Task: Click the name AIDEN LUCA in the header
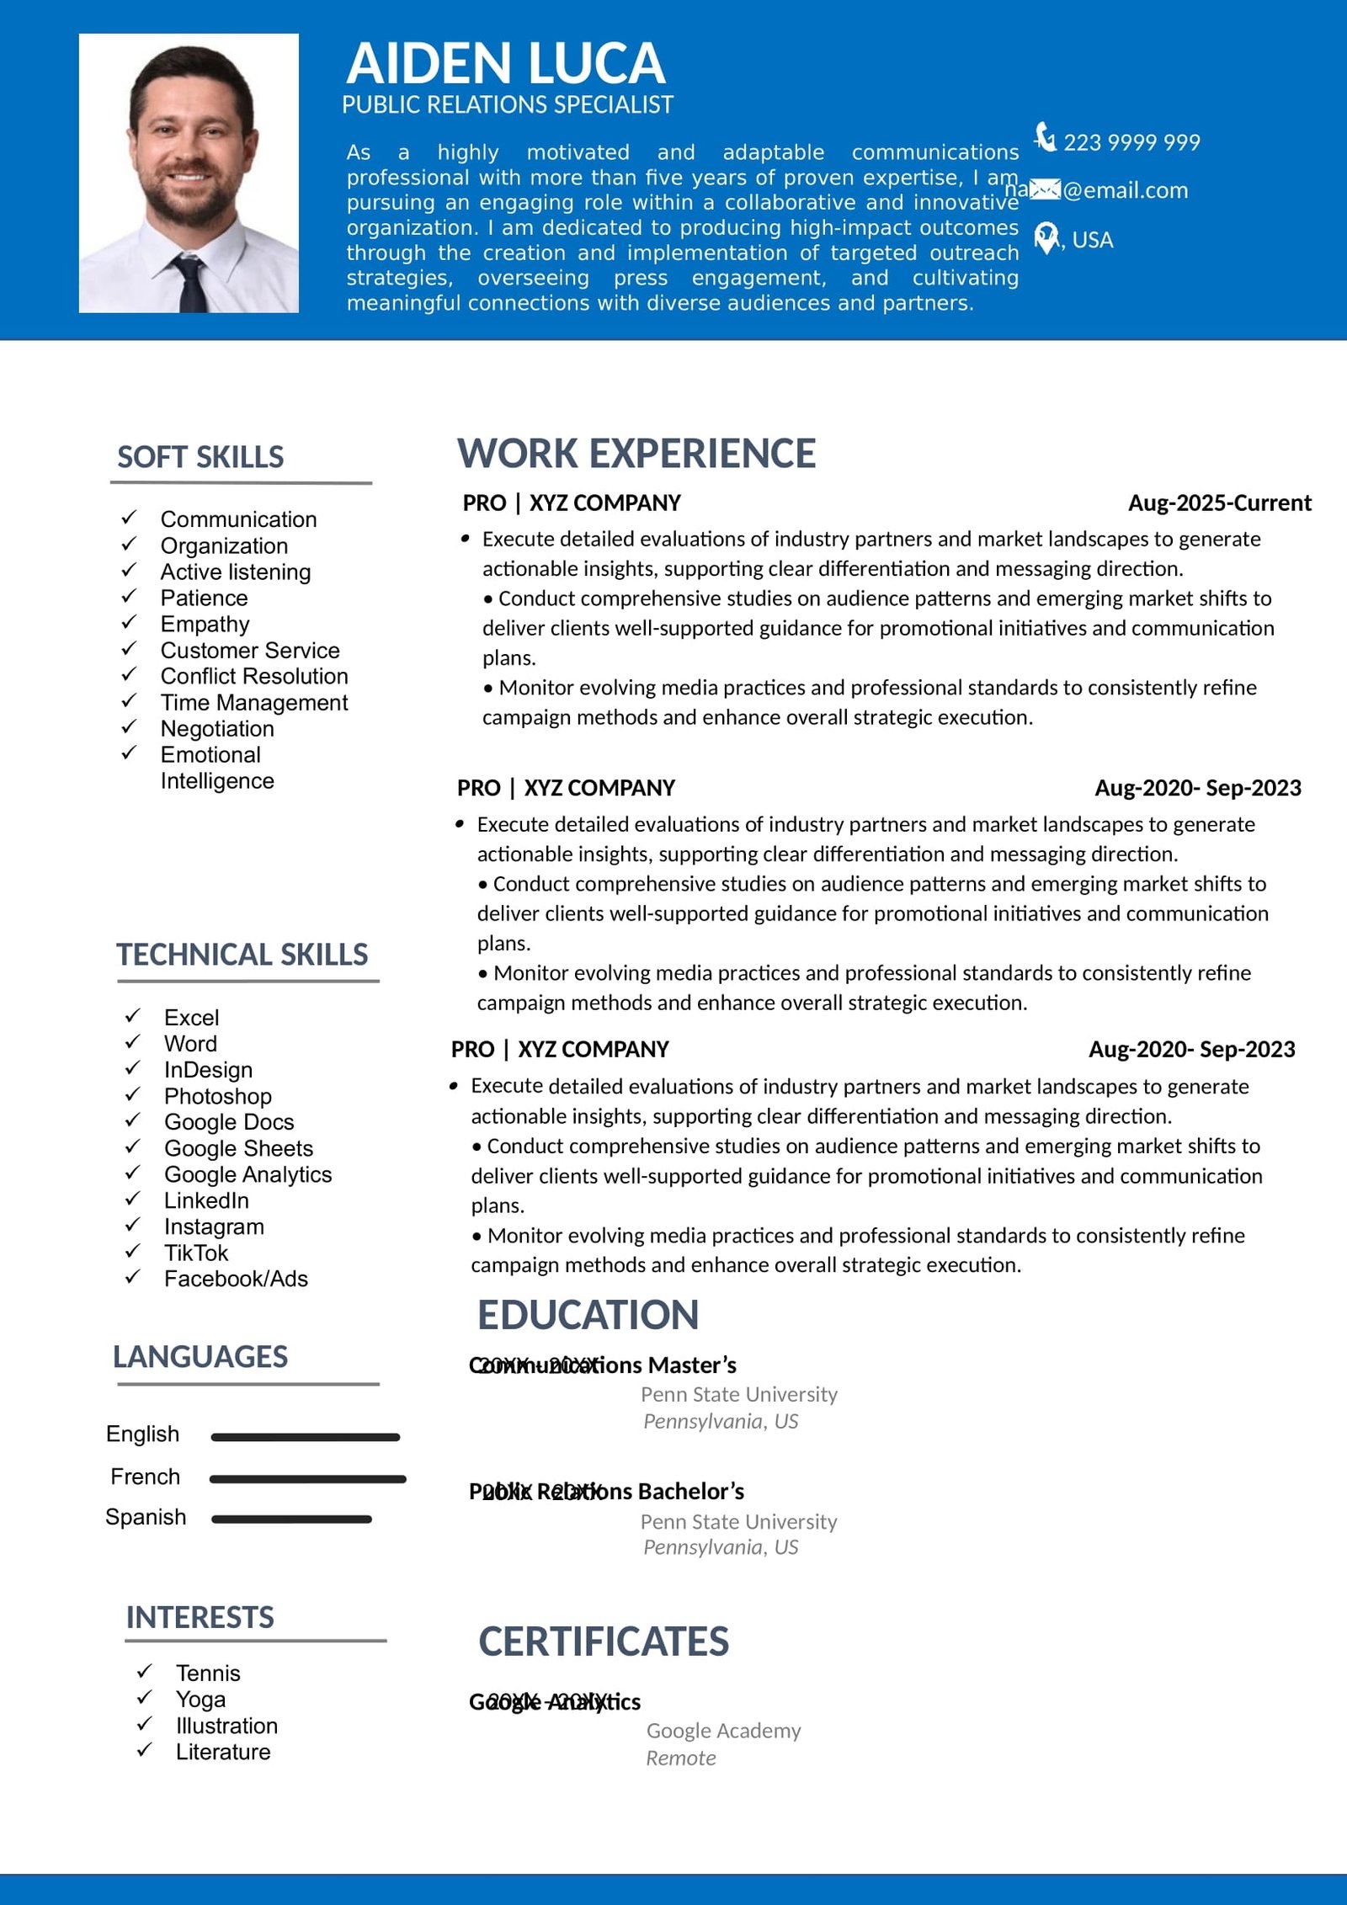(505, 64)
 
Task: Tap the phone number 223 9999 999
(1131, 142)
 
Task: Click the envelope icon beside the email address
(1045, 190)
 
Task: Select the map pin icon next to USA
(1046, 238)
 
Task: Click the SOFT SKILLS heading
(200, 457)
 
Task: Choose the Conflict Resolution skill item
(253, 676)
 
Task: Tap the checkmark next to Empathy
(129, 622)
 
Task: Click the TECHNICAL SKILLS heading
(242, 955)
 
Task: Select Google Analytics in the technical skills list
(248, 1174)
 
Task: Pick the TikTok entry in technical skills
(195, 1253)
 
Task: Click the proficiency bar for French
(307, 1479)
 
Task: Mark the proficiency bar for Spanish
(291, 1519)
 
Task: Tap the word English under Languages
(142, 1434)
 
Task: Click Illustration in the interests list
(226, 1726)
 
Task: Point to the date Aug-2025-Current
(1219, 503)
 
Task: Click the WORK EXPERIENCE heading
(636, 454)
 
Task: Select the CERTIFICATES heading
(603, 1642)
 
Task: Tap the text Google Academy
(723, 1731)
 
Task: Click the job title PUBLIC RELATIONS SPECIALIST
(507, 105)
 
